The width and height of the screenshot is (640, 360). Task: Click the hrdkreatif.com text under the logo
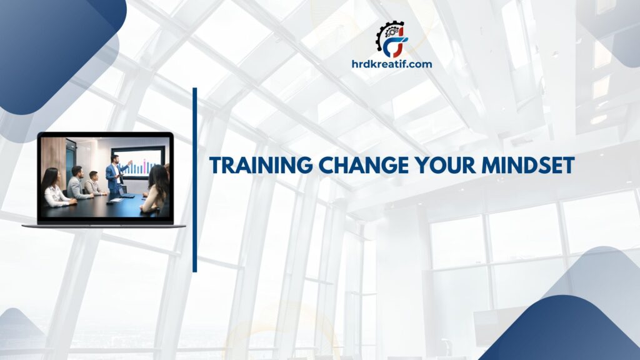[392, 64]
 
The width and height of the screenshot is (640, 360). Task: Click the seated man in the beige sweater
[94, 183]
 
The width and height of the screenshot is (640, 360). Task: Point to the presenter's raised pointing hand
[130, 162]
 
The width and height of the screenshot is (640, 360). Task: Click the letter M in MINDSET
[467, 165]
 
